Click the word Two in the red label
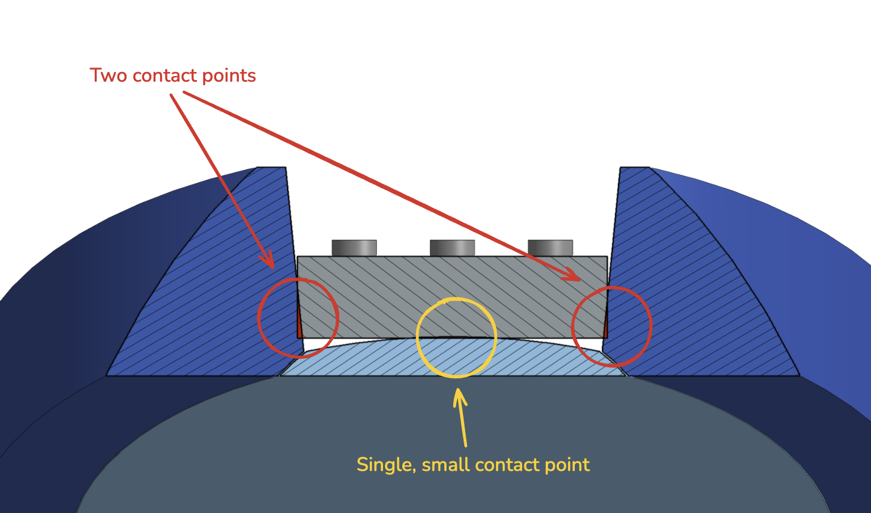108,75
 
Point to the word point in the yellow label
567,465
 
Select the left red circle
259,318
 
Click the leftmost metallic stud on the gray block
354,248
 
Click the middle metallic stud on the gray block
452,248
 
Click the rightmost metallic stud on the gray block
550,248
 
